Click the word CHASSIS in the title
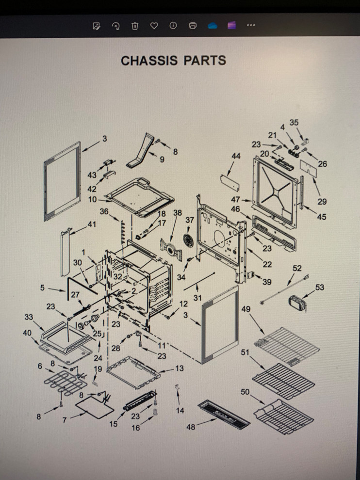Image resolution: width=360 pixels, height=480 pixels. pyautogui.click(x=149, y=60)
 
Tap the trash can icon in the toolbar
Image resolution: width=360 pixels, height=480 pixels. pyautogui.click(x=135, y=26)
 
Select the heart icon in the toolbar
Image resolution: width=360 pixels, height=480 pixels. pyautogui.click(x=154, y=26)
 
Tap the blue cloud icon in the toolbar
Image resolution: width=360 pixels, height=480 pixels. pyautogui.click(x=213, y=26)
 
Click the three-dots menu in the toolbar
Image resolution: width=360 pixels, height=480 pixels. pyautogui.click(x=251, y=25)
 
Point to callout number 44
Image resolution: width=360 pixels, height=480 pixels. pyautogui.click(x=236, y=156)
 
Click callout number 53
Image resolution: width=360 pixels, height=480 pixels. pyautogui.click(x=320, y=288)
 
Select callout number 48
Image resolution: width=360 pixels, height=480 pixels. pyautogui.click(x=191, y=427)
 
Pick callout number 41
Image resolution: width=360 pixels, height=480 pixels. pyautogui.click(x=92, y=224)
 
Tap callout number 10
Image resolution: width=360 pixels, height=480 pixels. pyautogui.click(x=93, y=200)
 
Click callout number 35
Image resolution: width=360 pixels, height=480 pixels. pyautogui.click(x=294, y=123)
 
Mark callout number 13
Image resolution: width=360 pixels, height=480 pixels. pyautogui.click(x=179, y=368)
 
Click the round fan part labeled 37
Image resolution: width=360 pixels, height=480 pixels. pyautogui.click(x=188, y=240)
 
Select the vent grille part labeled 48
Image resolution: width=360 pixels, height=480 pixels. pyautogui.click(x=224, y=415)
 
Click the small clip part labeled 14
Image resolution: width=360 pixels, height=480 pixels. pyautogui.click(x=177, y=387)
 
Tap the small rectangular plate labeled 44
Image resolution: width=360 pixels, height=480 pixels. pyautogui.click(x=229, y=183)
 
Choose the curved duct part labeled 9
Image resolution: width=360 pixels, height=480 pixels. pyautogui.click(x=140, y=150)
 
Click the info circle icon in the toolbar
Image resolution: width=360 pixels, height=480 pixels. pyautogui.click(x=173, y=26)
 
